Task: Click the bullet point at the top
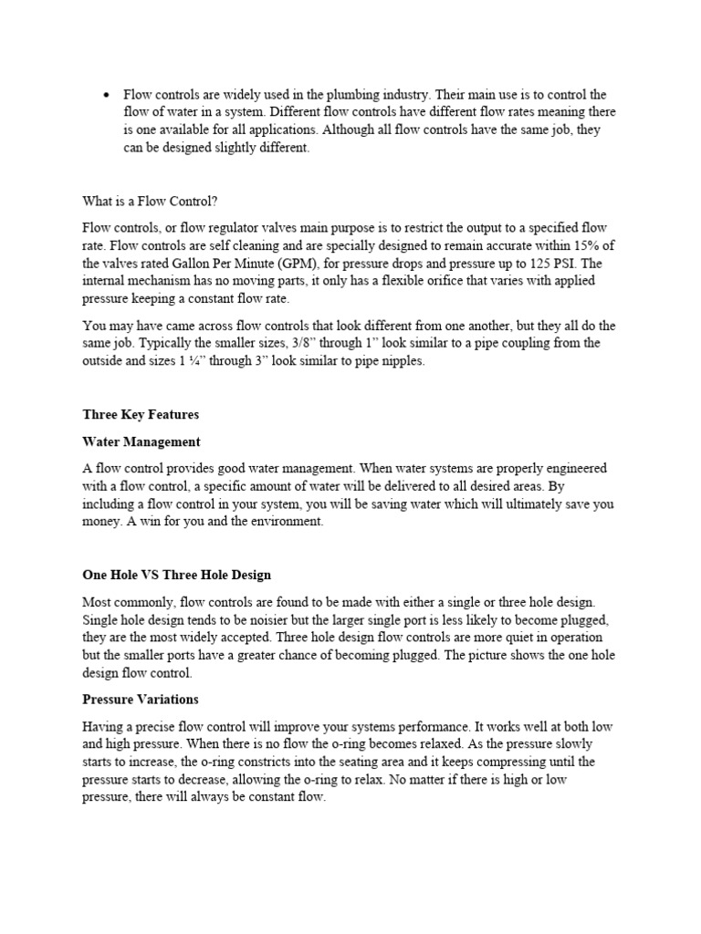click(108, 95)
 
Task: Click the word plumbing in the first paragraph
click(390, 95)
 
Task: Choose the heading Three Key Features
click(141, 414)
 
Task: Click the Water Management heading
click(141, 441)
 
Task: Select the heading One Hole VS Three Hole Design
click(176, 576)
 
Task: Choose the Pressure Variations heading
click(141, 700)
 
